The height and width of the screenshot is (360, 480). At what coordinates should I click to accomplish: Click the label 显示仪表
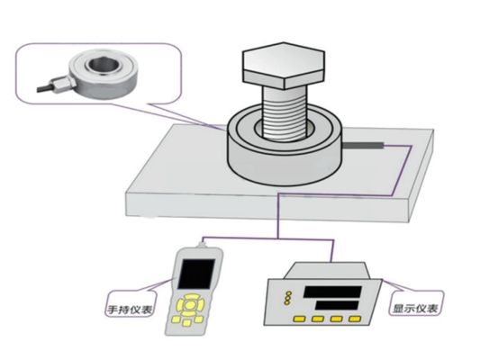(416, 309)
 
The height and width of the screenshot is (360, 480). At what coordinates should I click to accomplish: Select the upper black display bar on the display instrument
(334, 290)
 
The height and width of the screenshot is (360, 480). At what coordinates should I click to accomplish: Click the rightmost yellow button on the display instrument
(359, 321)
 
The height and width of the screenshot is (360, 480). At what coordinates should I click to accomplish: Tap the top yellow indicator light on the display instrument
(286, 292)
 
